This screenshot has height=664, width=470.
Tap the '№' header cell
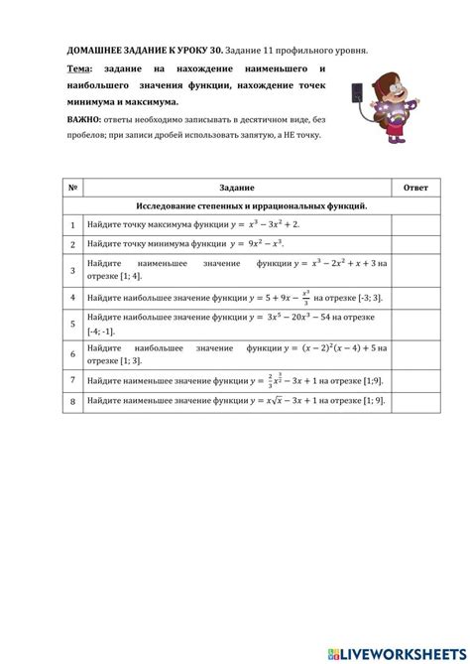pos(72,188)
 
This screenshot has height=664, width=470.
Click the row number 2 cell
pos(72,243)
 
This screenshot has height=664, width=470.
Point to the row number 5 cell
pos(72,324)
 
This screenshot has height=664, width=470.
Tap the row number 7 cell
pos(72,379)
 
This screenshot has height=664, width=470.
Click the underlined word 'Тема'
pos(78,68)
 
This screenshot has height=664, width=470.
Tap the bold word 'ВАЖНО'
pos(84,118)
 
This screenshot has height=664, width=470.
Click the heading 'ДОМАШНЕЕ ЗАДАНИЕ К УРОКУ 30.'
pos(143,49)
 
